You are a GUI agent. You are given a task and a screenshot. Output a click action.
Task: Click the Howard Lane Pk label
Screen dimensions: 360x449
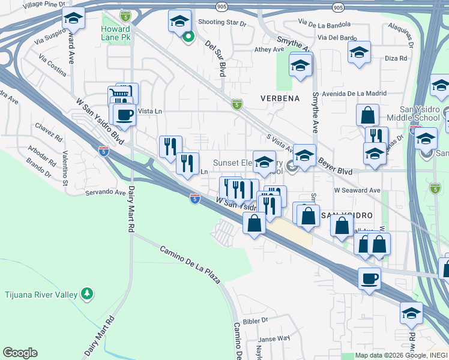[x=115, y=34]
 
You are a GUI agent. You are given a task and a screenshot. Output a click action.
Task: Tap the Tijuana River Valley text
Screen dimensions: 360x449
[x=41, y=294]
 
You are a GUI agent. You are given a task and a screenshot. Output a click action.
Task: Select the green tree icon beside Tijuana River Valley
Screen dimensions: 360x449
[x=88, y=293]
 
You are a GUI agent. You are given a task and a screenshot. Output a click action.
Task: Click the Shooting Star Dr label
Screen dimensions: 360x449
[x=222, y=23]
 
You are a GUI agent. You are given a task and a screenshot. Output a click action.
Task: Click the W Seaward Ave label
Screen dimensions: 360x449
[x=358, y=190]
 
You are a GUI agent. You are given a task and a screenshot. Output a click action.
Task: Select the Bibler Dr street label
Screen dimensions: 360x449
[x=256, y=322]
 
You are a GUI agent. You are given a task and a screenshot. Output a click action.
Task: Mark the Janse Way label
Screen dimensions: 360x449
[x=275, y=339]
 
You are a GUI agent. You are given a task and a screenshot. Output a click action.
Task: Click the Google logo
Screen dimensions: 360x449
[x=20, y=353]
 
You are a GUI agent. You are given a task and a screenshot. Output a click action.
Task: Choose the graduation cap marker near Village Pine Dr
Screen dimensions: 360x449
[x=73, y=20]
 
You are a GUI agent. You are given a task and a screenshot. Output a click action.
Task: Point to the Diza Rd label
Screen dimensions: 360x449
[x=396, y=59]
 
